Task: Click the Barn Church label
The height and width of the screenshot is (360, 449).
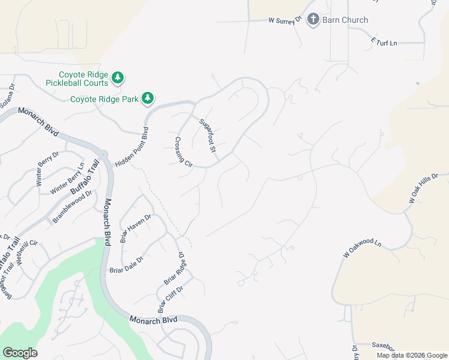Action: [x=345, y=20]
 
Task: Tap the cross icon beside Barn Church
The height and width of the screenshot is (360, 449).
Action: [x=313, y=20]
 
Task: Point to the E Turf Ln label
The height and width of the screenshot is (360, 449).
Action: [x=384, y=43]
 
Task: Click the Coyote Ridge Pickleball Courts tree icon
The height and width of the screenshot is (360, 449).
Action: [x=118, y=77]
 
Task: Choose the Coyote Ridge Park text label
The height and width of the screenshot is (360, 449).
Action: [x=104, y=99]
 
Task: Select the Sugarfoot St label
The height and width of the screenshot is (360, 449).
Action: [x=208, y=135]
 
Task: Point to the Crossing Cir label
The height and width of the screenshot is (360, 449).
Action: [x=183, y=152]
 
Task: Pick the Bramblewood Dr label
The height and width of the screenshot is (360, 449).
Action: [x=72, y=207]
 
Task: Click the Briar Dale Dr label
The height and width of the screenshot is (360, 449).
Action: [x=127, y=263]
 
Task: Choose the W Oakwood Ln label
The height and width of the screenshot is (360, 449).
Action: [x=363, y=248]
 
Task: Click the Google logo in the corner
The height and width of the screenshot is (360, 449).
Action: [x=20, y=353]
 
